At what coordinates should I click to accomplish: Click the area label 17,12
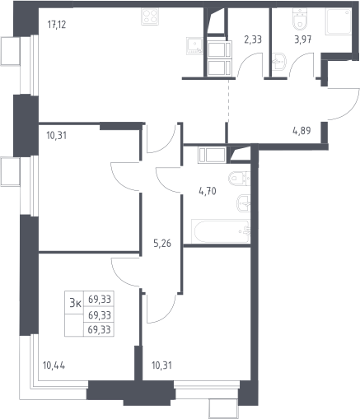click(x=57, y=25)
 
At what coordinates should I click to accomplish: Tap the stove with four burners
click(x=150, y=16)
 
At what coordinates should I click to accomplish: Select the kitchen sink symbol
click(x=194, y=45)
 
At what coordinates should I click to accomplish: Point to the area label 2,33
click(x=253, y=40)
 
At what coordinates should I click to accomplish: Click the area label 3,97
click(x=303, y=40)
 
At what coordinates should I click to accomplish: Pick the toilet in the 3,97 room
click(x=301, y=19)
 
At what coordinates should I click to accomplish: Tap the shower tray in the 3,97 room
click(x=339, y=21)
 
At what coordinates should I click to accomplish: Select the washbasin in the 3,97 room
click(x=279, y=62)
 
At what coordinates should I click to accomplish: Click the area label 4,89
click(x=302, y=131)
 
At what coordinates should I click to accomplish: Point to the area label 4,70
click(x=208, y=191)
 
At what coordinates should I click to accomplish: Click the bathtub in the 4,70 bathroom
click(x=221, y=231)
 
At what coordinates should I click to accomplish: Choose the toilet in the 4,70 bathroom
click(x=239, y=179)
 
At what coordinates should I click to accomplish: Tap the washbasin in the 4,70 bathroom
click(x=244, y=203)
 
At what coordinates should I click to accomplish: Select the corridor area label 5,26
click(x=162, y=243)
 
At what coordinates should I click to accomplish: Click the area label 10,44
click(x=54, y=365)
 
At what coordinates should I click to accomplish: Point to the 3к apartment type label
click(x=75, y=303)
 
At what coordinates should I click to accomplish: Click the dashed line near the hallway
click(x=228, y=101)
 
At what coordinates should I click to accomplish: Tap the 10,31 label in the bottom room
click(x=161, y=365)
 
